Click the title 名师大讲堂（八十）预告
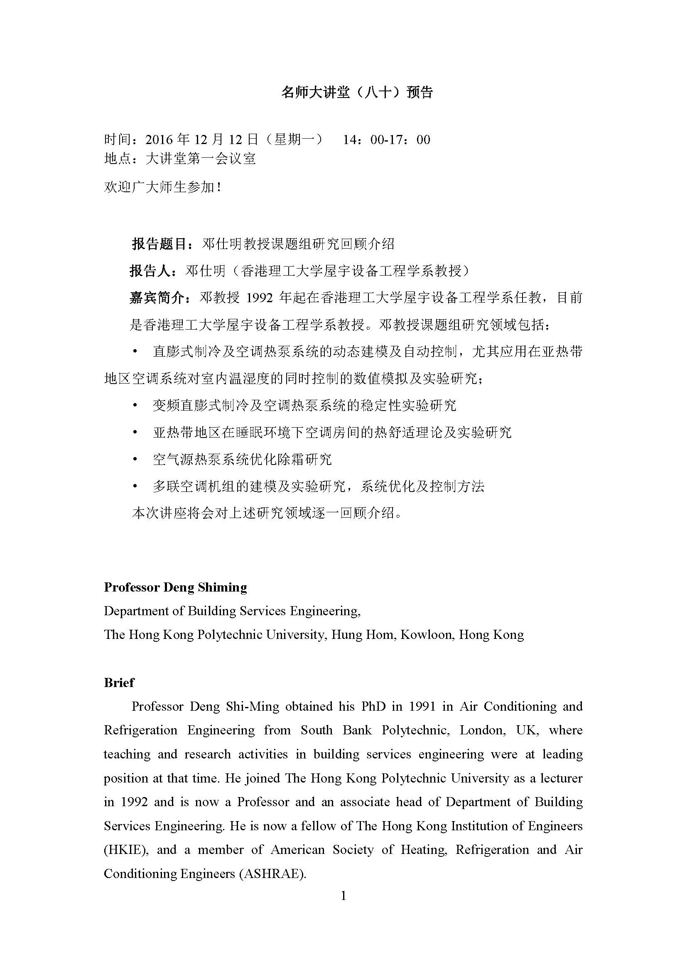(357, 93)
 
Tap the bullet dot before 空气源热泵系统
(135, 459)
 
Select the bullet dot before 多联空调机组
(135, 487)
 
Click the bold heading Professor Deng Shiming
(176, 587)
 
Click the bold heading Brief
(119, 682)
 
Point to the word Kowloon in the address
(426, 635)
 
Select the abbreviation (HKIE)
(126, 850)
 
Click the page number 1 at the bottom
(343, 896)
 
